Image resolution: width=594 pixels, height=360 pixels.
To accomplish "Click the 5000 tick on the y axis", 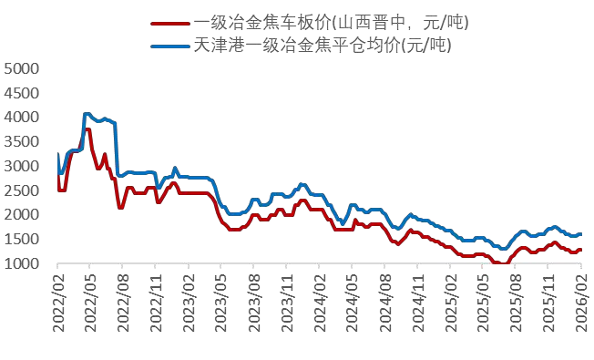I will click(x=23, y=68).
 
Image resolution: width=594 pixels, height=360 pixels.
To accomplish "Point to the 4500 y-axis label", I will click(x=23, y=93).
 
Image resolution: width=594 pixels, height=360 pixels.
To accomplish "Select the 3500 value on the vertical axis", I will click(x=23, y=142).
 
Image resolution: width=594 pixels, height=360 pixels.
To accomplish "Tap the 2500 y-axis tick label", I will click(x=23, y=190).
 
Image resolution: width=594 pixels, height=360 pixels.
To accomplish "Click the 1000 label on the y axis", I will click(x=23, y=264).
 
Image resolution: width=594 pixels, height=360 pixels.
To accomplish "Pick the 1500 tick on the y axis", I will click(x=23, y=240).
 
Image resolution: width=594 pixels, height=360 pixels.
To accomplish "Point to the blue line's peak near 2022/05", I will click(x=87, y=114).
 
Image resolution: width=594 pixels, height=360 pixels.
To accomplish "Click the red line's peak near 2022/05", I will click(x=87, y=129).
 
